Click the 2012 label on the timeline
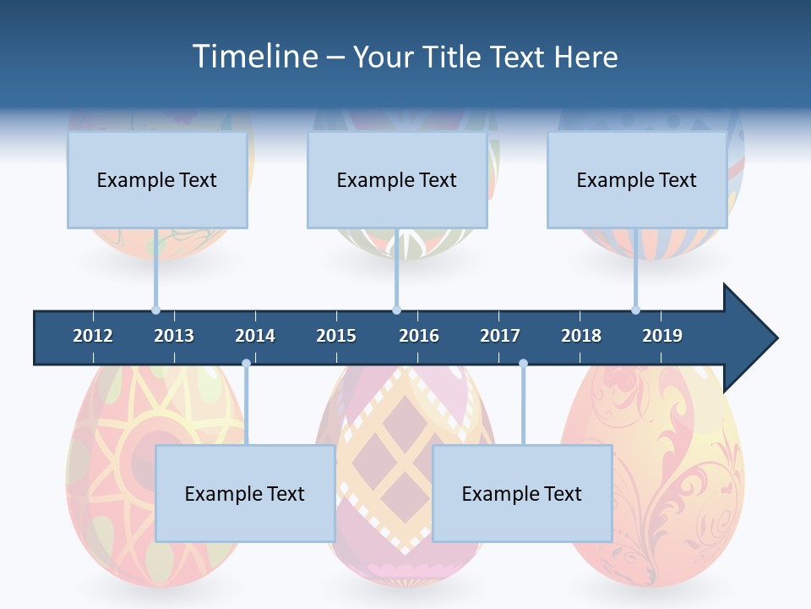tap(93, 336)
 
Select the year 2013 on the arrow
tap(174, 336)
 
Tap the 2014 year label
tap(255, 336)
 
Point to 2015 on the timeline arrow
tap(336, 336)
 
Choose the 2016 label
tap(419, 336)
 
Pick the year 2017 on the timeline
tap(500, 336)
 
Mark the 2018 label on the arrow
tap(581, 336)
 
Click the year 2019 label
tap(662, 336)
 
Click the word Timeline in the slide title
tap(253, 57)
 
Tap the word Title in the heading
tap(453, 57)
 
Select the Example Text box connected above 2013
tap(157, 179)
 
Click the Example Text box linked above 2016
tap(397, 179)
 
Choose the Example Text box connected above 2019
tap(637, 179)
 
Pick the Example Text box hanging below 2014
tap(245, 493)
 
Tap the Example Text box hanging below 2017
tap(522, 493)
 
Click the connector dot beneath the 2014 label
tap(246, 363)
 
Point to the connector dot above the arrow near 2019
tap(635, 310)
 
